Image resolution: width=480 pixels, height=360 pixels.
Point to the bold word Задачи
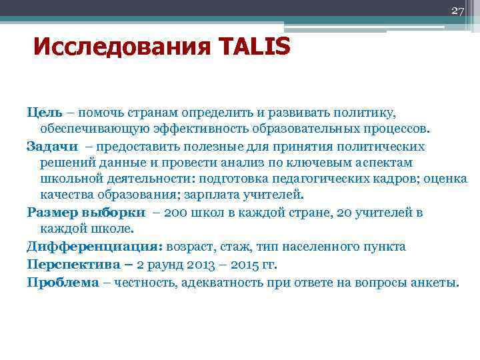[x=52, y=145]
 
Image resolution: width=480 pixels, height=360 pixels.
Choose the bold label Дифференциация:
[x=95, y=247]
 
